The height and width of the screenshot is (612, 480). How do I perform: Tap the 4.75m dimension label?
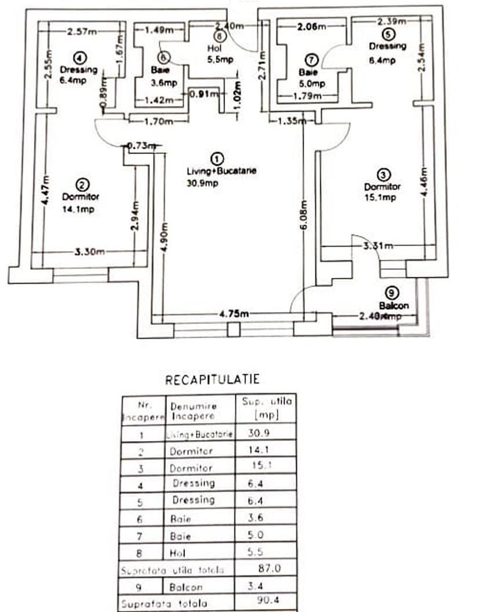point(234,314)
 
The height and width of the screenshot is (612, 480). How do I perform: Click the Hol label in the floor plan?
point(213,49)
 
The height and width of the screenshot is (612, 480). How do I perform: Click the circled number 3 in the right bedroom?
point(384,174)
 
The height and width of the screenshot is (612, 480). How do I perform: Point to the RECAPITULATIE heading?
point(212,380)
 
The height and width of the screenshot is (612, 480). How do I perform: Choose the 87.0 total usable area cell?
point(268,569)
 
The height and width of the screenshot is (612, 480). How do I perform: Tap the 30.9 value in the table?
point(259,432)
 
